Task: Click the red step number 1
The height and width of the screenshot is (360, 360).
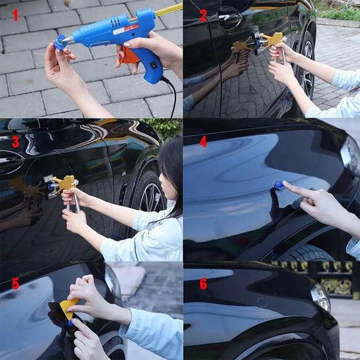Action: coord(14,14)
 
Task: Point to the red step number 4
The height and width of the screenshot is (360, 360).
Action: coord(203,141)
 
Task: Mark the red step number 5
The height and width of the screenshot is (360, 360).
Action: coord(15,284)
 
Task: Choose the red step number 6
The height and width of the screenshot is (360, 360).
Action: coord(203,284)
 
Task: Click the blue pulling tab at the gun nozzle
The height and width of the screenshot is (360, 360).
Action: coord(61,45)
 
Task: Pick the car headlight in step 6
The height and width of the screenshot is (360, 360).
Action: coord(319,296)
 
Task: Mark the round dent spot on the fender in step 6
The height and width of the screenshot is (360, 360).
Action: coord(262,303)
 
